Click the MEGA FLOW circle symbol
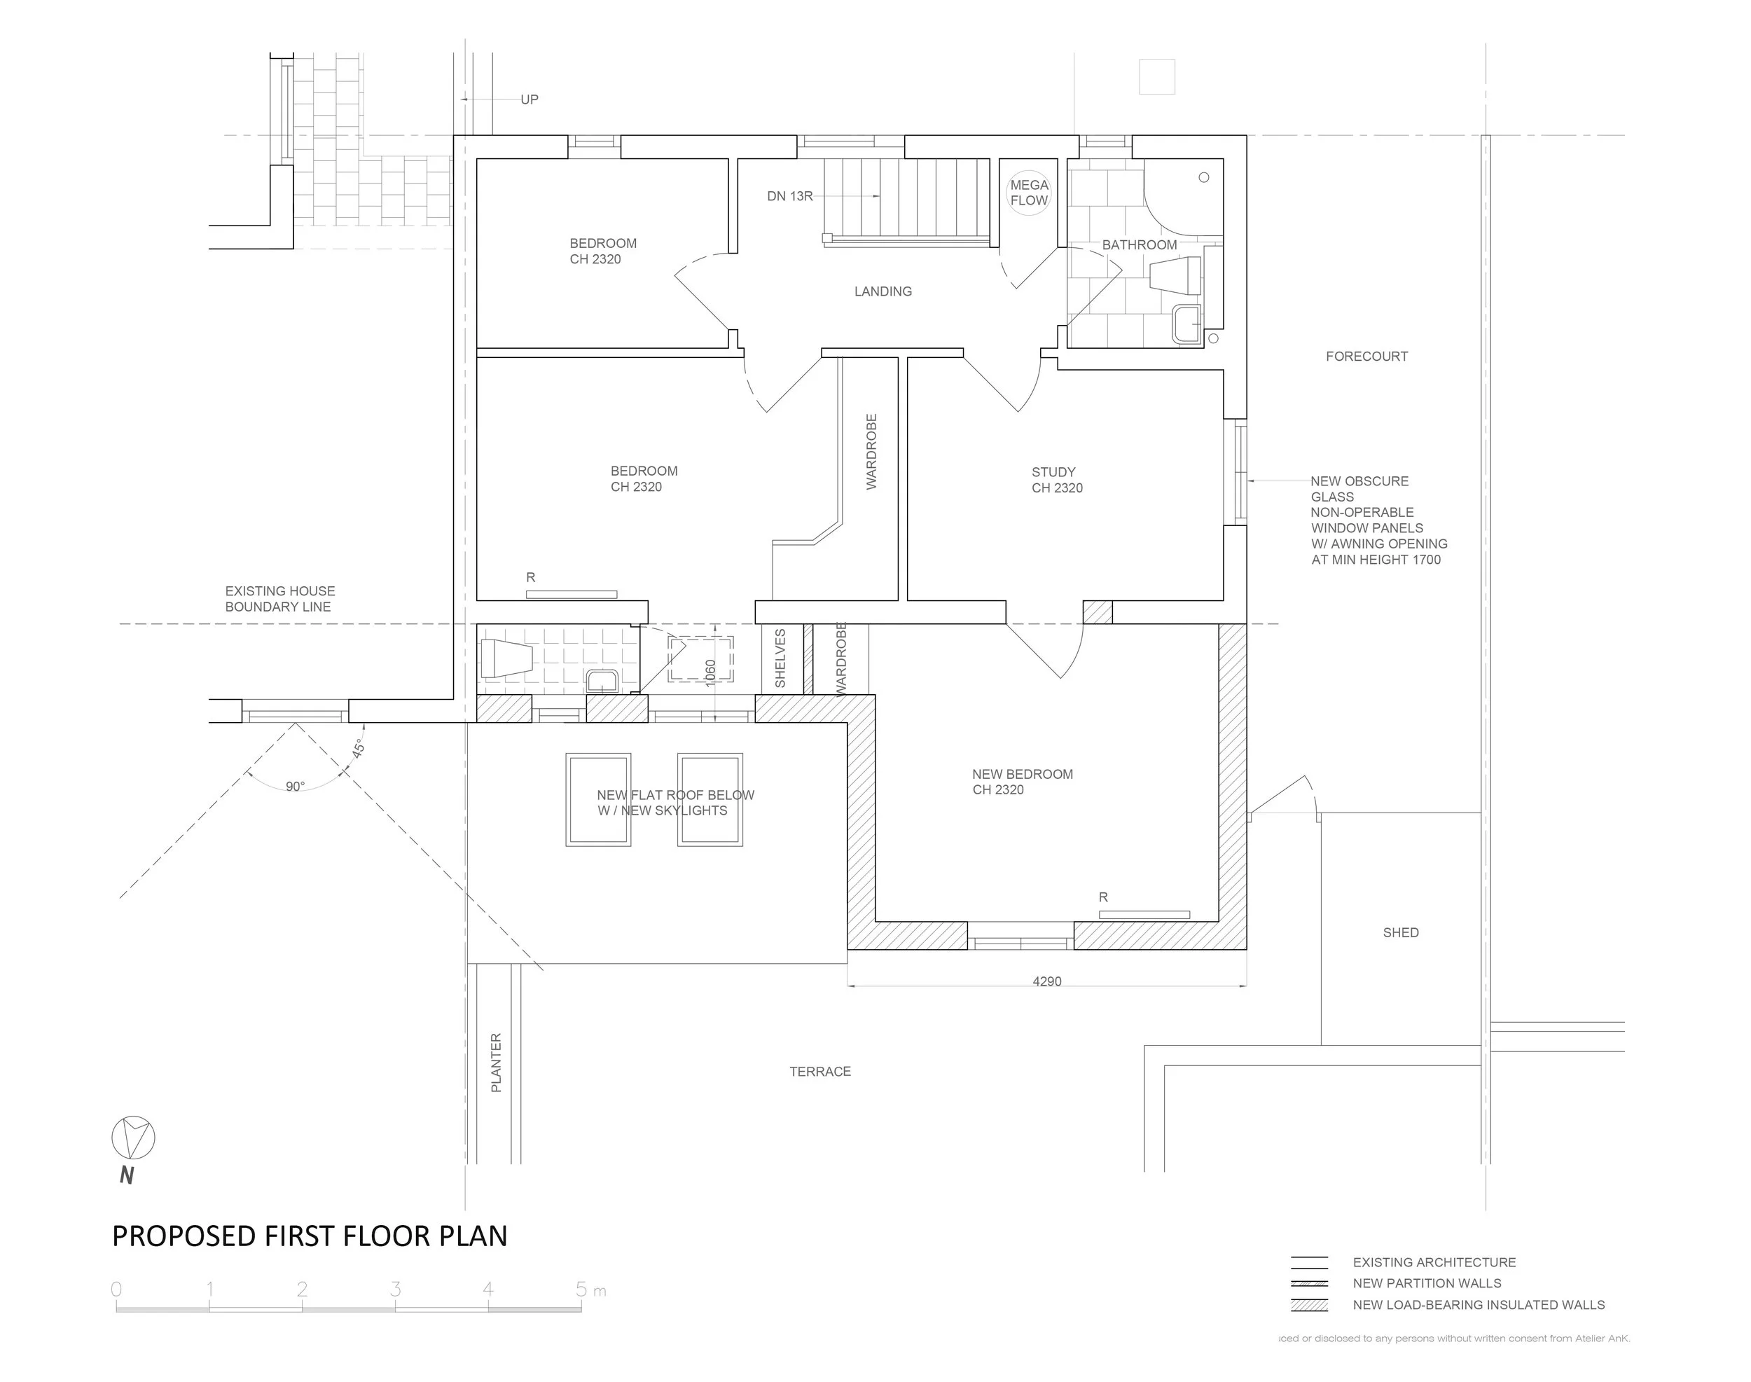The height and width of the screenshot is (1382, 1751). [x=1028, y=193]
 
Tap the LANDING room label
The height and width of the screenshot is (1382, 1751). [x=883, y=291]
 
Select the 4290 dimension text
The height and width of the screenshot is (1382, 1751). [x=1046, y=981]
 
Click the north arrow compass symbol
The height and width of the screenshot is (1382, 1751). [x=132, y=1138]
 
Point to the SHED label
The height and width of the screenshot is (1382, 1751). [x=1401, y=933]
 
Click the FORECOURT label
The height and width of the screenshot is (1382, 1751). [x=1366, y=356]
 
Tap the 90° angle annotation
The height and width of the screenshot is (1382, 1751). [x=296, y=787]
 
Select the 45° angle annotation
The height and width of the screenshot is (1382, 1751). [x=359, y=749]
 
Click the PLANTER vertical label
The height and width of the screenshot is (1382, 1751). [x=496, y=1063]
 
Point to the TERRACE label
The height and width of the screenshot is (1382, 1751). [x=819, y=1071]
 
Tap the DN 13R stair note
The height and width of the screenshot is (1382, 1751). [x=790, y=196]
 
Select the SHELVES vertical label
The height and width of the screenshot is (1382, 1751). [x=780, y=658]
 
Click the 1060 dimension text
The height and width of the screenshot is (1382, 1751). [x=710, y=673]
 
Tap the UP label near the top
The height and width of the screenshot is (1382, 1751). [x=530, y=99]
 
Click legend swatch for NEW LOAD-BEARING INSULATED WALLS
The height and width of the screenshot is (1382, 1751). [x=1309, y=1305]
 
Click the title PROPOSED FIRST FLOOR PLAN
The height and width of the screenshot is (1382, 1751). [x=309, y=1236]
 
